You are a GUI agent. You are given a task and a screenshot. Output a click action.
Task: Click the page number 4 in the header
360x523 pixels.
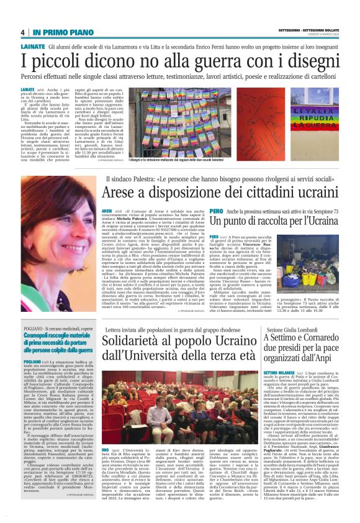pyautogui.click(x=22, y=32)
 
